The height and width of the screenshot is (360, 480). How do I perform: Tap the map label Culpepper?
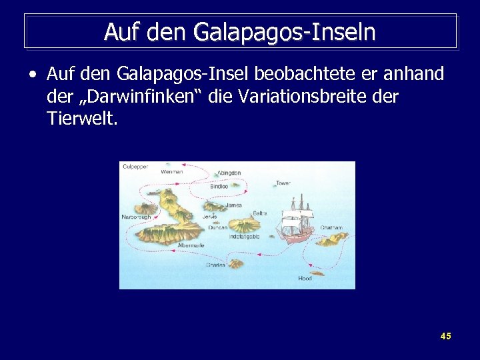click(135, 166)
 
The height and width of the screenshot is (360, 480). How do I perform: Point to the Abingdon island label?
click(229, 173)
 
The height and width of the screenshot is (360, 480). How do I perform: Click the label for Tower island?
click(283, 183)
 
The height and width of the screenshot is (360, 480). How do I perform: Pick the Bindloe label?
click(219, 187)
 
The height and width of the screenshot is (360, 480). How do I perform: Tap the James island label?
click(233, 205)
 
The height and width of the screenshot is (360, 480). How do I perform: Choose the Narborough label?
click(135, 217)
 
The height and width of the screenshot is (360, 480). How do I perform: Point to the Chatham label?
click(331, 228)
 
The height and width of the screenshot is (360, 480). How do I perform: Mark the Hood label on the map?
click(305, 278)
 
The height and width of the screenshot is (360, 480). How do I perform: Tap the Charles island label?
click(215, 265)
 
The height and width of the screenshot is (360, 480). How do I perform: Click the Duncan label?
click(217, 227)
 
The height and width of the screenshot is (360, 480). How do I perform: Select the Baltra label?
click(259, 213)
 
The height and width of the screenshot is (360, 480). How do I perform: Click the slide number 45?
click(445, 336)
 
